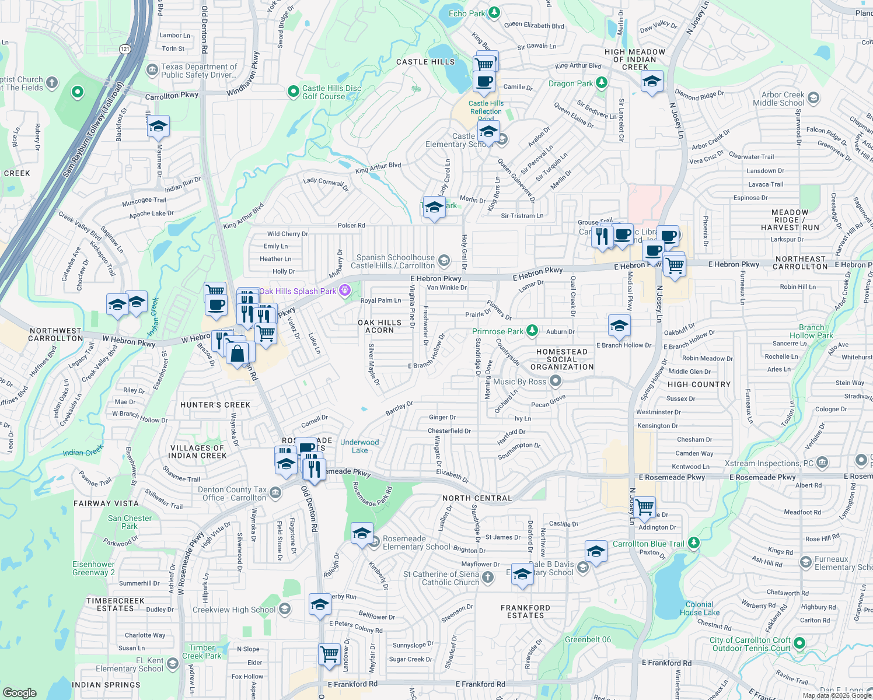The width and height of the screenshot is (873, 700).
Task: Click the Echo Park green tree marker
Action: (494, 12)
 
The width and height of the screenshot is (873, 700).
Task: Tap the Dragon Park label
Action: (570, 83)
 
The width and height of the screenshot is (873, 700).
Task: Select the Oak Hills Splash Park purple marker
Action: (345, 290)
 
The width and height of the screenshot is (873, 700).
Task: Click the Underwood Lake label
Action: (359, 446)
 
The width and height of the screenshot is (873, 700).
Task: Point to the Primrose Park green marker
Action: (532, 331)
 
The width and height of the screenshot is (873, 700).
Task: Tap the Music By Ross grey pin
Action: (556, 381)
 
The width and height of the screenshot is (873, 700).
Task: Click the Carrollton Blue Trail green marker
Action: (693, 543)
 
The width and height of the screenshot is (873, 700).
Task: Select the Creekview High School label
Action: (234, 610)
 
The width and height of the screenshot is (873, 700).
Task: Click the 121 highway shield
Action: (125, 49)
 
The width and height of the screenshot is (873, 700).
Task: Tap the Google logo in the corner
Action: (20, 693)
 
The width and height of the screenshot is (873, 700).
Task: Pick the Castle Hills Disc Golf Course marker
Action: (294, 92)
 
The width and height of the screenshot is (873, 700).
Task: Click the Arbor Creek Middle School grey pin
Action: (813, 98)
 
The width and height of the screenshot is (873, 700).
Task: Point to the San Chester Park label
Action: (130, 522)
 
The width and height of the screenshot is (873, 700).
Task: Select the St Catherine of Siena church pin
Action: (488, 577)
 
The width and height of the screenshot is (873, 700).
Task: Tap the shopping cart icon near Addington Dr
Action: (645, 508)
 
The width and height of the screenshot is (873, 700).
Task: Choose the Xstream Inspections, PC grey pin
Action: (823, 463)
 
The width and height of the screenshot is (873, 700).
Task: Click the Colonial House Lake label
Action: (699, 608)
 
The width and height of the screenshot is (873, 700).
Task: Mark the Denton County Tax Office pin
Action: (275, 493)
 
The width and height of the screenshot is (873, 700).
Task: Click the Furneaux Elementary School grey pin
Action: (806, 562)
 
